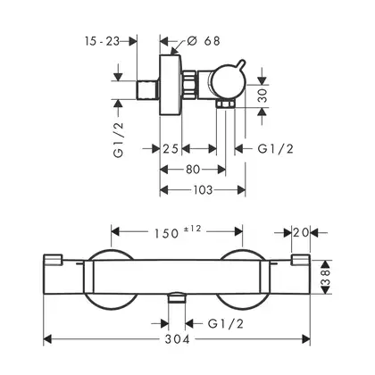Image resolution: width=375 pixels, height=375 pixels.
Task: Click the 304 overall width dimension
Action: (178, 339)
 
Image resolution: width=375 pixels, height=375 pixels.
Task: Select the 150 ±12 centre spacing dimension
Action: (178, 232)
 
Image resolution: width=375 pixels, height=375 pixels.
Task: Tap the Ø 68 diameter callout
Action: (204, 41)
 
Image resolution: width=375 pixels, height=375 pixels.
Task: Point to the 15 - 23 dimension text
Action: (102, 41)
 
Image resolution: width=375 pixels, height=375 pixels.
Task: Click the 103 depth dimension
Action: (203, 190)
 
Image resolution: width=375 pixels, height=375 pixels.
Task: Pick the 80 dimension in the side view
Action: (193, 170)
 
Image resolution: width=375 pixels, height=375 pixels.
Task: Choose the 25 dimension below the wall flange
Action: (171, 148)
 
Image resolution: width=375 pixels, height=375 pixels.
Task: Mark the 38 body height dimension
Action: (326, 278)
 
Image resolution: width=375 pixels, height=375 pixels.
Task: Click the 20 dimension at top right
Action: (301, 232)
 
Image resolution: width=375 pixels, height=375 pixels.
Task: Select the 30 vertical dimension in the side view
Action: (262, 96)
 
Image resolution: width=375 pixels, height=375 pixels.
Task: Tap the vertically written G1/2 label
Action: (118, 140)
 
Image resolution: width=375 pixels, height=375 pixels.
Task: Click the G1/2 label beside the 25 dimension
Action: (276, 148)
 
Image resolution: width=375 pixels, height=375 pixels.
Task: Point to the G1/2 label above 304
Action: (226, 323)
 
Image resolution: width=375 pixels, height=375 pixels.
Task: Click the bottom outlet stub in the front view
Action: (177, 297)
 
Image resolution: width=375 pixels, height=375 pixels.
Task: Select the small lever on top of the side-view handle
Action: (240, 65)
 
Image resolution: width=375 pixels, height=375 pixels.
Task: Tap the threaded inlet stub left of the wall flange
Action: (148, 90)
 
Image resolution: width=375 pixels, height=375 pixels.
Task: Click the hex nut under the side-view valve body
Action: (226, 104)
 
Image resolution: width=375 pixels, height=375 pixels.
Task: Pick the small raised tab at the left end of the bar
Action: (53, 259)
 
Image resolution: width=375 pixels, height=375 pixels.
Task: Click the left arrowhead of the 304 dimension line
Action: (47, 339)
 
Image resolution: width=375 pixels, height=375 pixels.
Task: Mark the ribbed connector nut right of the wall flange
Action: (188, 85)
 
